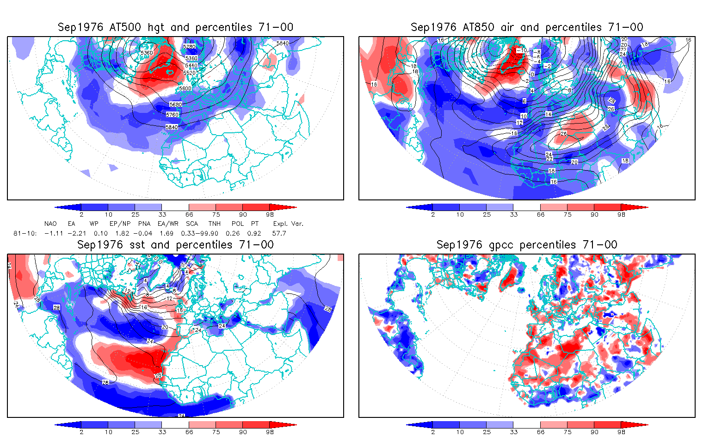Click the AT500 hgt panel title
[175, 27]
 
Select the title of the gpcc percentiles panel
[527, 245]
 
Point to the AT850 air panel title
[527, 27]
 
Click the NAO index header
[50, 224]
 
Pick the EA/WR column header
[168, 224]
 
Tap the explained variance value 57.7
[279, 233]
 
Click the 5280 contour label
[189, 47]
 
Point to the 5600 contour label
[185, 88]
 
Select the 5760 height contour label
[172, 114]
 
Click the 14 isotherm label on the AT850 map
[548, 114]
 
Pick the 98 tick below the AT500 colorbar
[270, 214]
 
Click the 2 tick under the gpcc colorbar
[433, 432]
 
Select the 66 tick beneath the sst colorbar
[189, 432]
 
